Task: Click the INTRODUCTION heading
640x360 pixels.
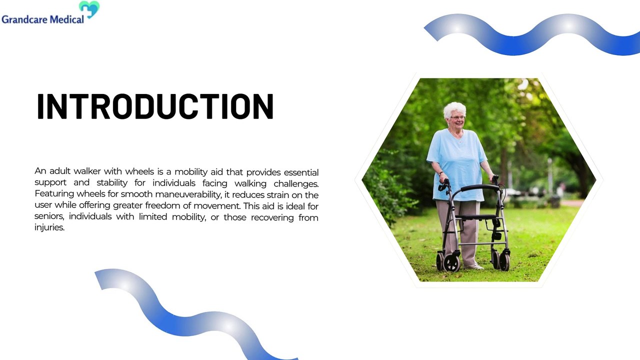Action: pyautogui.click(x=155, y=106)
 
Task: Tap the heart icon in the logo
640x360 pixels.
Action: pyautogui.click(x=89, y=9)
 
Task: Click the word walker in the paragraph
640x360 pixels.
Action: pyautogui.click(x=84, y=171)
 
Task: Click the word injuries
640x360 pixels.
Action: pyautogui.click(x=49, y=228)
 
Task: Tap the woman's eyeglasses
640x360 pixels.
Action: pyautogui.click(x=457, y=117)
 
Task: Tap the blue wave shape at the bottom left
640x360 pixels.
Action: pyautogui.click(x=190, y=320)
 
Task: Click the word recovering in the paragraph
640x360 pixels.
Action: pyautogui.click(x=272, y=217)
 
